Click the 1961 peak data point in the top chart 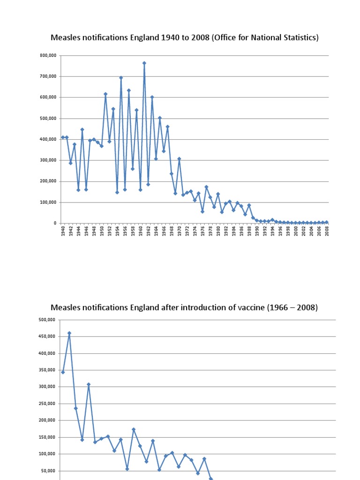point(144,63)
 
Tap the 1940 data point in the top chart point(63,137)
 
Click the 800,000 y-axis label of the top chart point(48,55)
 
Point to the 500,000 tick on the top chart point(48,118)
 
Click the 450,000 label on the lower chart point(47,337)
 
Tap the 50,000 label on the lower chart point(48,471)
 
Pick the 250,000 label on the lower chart point(47,404)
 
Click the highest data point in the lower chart point(69,333)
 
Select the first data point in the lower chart point(63,372)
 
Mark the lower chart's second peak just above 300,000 point(89,384)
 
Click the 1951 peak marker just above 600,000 point(105,94)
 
